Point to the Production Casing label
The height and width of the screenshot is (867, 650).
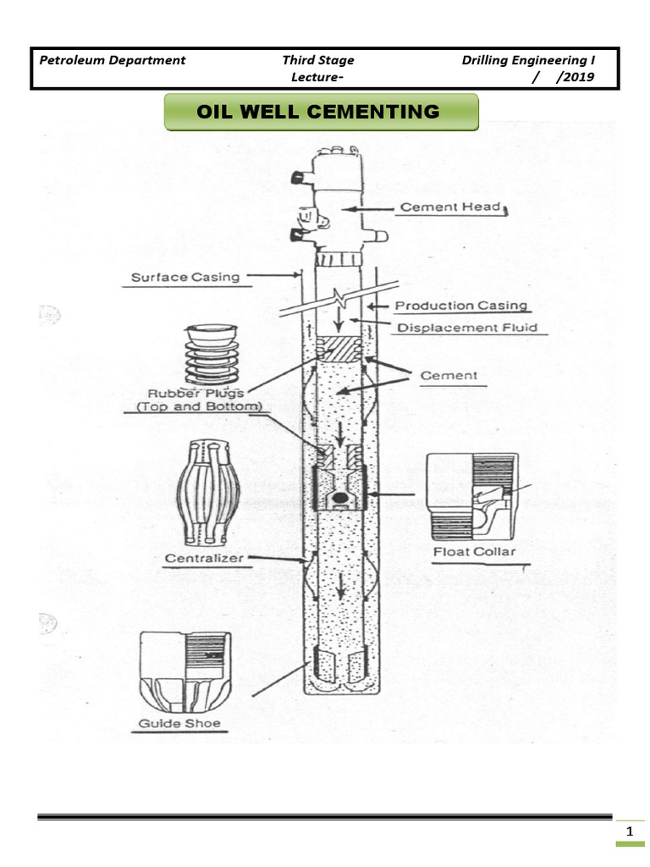pyautogui.click(x=461, y=306)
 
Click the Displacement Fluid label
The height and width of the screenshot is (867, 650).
pyautogui.click(x=466, y=327)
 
